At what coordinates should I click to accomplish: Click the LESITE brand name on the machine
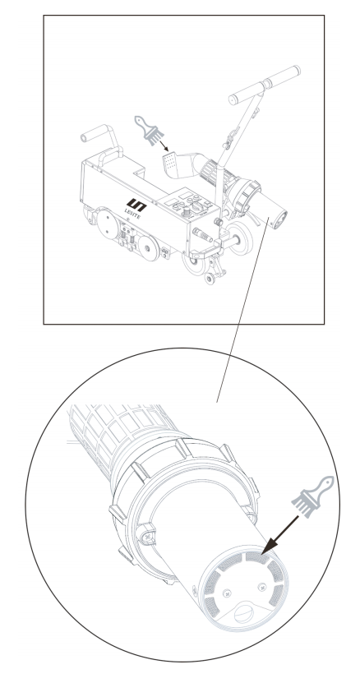(132, 214)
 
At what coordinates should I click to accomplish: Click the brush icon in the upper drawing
(149, 130)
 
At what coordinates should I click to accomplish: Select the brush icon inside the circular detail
(312, 496)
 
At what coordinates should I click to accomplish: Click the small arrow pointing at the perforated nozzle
(164, 145)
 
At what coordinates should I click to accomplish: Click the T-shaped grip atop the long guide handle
(265, 85)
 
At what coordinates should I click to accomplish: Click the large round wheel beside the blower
(241, 238)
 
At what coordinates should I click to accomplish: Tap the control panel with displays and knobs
(187, 205)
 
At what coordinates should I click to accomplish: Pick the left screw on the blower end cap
(228, 593)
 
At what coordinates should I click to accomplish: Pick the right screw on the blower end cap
(262, 588)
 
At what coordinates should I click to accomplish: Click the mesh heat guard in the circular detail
(118, 431)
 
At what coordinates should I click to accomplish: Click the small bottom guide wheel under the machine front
(210, 277)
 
